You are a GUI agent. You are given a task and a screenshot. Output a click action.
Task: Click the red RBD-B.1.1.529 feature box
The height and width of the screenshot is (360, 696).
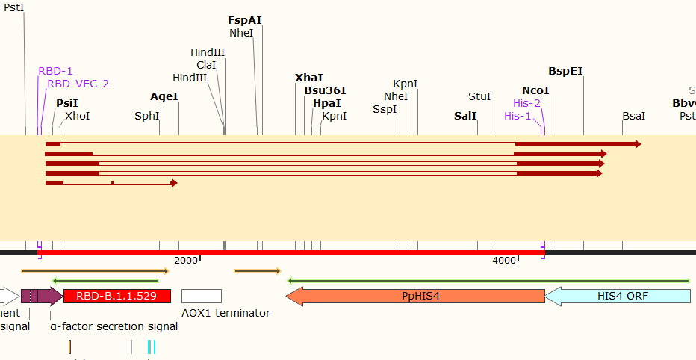pyautogui.click(x=117, y=296)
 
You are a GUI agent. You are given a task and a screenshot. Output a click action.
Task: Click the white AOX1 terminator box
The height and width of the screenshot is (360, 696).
pyautogui.click(x=202, y=296)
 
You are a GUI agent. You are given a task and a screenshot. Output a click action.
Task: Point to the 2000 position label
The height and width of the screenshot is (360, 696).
pyautogui.click(x=186, y=260)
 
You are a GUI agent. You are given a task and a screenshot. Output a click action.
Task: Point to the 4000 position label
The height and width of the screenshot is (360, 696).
pyautogui.click(x=505, y=260)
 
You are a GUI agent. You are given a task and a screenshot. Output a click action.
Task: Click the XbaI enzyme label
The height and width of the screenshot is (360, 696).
pyautogui.click(x=309, y=78)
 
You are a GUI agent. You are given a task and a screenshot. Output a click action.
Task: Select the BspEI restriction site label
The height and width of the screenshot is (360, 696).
pyautogui.click(x=565, y=72)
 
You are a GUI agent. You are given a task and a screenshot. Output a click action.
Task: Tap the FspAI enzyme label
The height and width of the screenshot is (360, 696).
pyautogui.click(x=245, y=20)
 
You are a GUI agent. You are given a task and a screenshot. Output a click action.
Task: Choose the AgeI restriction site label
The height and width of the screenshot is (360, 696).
pyautogui.click(x=164, y=97)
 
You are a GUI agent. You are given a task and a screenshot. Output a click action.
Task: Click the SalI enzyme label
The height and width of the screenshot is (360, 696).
pyautogui.click(x=465, y=116)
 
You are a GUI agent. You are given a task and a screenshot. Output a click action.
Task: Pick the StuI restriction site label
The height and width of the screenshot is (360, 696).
pyautogui.click(x=479, y=97)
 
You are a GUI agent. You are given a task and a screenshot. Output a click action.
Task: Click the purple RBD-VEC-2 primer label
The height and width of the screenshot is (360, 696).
pyautogui.click(x=78, y=84)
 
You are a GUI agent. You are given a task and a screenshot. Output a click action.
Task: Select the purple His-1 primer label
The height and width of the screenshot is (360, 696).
pyautogui.click(x=518, y=116)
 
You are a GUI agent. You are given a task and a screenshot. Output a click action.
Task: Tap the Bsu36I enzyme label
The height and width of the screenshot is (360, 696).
pyautogui.click(x=325, y=90)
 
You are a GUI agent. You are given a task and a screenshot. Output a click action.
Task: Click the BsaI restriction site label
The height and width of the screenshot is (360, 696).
pyautogui.click(x=633, y=116)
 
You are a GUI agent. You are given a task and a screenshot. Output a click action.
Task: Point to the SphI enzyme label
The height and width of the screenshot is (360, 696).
pyautogui.click(x=147, y=116)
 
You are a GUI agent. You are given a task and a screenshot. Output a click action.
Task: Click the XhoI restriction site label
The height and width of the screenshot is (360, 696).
pyautogui.click(x=77, y=116)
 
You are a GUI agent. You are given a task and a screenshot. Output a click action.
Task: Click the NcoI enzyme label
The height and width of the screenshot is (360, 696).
pyautogui.click(x=535, y=90)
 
